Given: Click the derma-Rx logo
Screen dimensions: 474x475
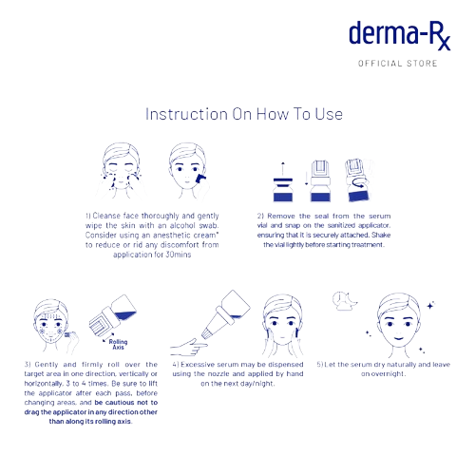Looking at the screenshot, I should pos(398,38).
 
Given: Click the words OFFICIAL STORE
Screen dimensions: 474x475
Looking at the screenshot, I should pos(397,65).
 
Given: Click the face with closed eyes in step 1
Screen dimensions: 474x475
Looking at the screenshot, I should pos(116,168).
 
